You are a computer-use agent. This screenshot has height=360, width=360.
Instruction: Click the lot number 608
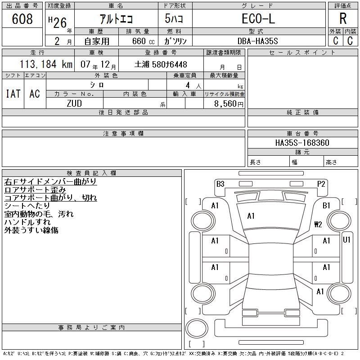pos(22,19)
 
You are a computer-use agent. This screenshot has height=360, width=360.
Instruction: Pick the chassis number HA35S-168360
pos(302,143)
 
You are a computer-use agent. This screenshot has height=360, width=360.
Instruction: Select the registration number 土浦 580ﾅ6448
pos(161,64)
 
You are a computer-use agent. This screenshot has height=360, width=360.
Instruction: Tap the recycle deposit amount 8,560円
pos(229,103)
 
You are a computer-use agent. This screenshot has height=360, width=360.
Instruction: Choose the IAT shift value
pos(13,94)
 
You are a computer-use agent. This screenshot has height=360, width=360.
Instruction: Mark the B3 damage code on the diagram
pos(220,184)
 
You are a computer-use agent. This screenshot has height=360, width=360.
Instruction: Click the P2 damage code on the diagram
pos(321,184)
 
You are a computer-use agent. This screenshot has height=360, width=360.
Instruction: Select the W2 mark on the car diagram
pos(318,224)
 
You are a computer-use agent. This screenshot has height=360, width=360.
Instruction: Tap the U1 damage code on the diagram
pos(346,240)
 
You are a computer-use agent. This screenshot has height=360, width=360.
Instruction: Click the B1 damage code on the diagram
pos(326,206)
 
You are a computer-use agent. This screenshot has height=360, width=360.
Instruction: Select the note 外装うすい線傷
pos(31,230)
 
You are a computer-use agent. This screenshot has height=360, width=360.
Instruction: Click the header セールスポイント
pos(302,53)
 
